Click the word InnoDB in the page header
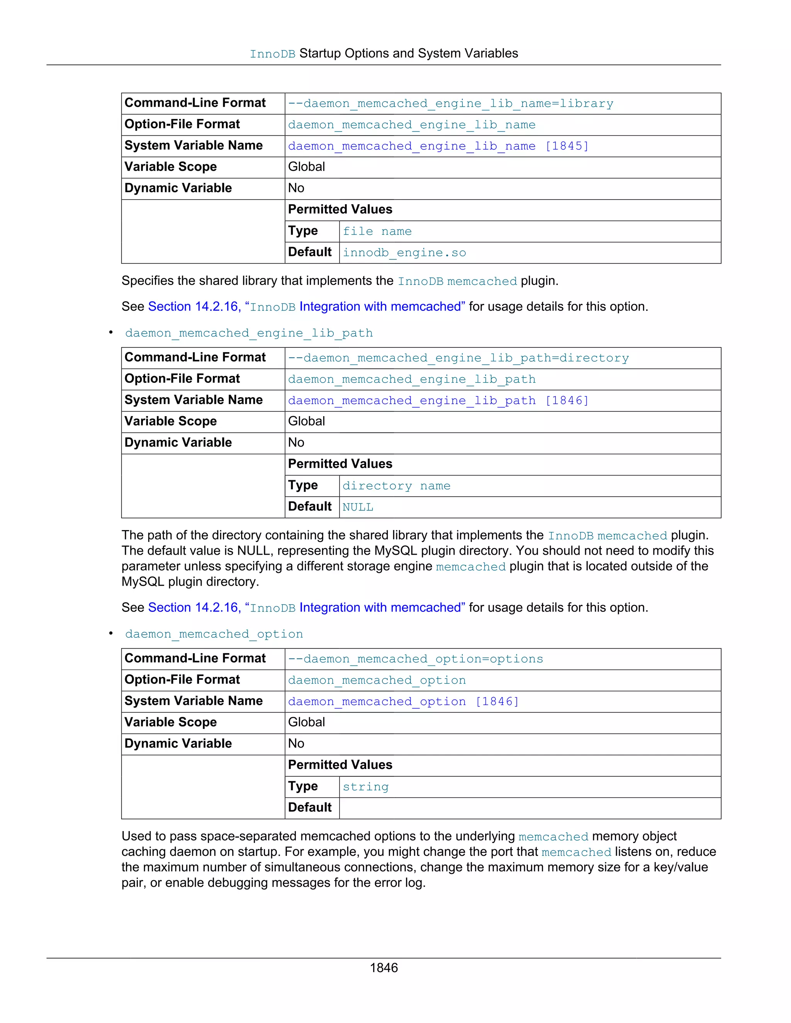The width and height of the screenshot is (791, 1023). pos(272,54)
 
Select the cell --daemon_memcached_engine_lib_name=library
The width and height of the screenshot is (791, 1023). pos(450,103)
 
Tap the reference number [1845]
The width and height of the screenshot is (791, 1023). pos(567,146)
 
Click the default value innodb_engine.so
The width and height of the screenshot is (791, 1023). pos(404,253)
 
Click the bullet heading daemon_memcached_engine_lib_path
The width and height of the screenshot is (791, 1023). pos(249,333)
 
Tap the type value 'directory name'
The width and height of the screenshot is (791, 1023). pos(396,486)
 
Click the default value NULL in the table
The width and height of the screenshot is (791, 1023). pos(358,507)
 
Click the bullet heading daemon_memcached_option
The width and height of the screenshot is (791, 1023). pos(214,634)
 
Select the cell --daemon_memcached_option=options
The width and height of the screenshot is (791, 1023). pos(415,659)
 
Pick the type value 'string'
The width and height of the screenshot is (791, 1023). pos(365,787)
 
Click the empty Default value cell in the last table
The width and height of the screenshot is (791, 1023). pos(530,808)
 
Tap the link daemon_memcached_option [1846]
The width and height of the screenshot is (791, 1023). pos(403,702)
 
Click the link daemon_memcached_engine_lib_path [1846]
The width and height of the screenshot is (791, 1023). pos(438,400)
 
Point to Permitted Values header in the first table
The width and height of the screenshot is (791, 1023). pos(340,209)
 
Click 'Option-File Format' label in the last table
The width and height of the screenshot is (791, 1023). pos(182,680)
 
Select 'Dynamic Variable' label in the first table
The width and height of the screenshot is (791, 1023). pos(178,188)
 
